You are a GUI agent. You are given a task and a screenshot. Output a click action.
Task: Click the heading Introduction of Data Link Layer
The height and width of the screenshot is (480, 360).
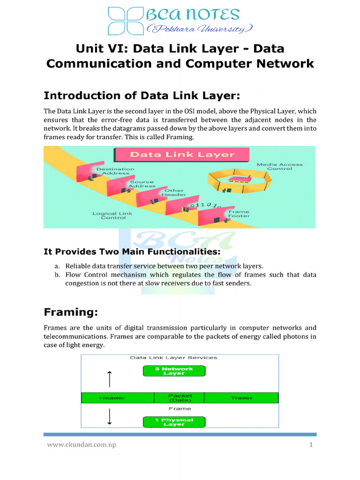[142, 96]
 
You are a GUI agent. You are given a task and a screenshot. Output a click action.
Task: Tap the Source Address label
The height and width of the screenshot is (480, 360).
[142, 184]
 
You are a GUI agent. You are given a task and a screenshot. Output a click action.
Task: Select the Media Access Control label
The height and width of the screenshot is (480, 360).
[280, 166]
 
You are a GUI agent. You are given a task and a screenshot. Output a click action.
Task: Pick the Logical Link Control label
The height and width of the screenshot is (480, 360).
[112, 216]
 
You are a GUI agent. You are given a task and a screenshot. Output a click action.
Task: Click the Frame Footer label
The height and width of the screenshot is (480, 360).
[239, 214]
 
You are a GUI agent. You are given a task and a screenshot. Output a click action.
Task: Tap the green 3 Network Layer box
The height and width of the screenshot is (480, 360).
[174, 371]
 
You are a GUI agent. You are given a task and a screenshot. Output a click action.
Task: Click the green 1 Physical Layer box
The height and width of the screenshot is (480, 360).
[174, 422]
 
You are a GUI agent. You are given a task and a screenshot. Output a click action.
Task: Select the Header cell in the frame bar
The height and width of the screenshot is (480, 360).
[112, 397]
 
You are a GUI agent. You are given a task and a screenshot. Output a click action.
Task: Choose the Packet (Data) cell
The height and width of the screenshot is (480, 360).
[180, 397]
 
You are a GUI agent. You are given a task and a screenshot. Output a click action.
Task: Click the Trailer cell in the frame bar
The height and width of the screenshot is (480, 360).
[241, 397]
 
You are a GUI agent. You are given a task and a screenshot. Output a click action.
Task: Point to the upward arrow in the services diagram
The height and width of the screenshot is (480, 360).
[109, 378]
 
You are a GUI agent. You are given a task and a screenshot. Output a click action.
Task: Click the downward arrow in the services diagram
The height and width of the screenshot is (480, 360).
[109, 416]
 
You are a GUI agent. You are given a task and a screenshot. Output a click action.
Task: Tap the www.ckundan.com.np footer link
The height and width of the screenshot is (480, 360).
[81, 445]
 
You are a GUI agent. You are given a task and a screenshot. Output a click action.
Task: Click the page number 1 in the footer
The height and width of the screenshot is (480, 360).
[311, 445]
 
